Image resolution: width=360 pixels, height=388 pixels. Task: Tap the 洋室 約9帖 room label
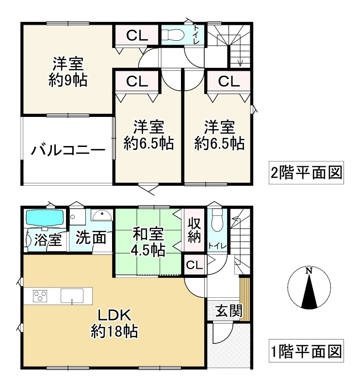click(x=68, y=72)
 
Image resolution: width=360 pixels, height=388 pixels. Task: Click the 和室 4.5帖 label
click(x=148, y=242)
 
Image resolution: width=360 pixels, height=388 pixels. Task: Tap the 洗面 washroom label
click(x=91, y=238)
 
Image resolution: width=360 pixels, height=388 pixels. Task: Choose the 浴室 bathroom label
click(x=47, y=239)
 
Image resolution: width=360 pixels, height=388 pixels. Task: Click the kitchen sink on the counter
click(x=72, y=295)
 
